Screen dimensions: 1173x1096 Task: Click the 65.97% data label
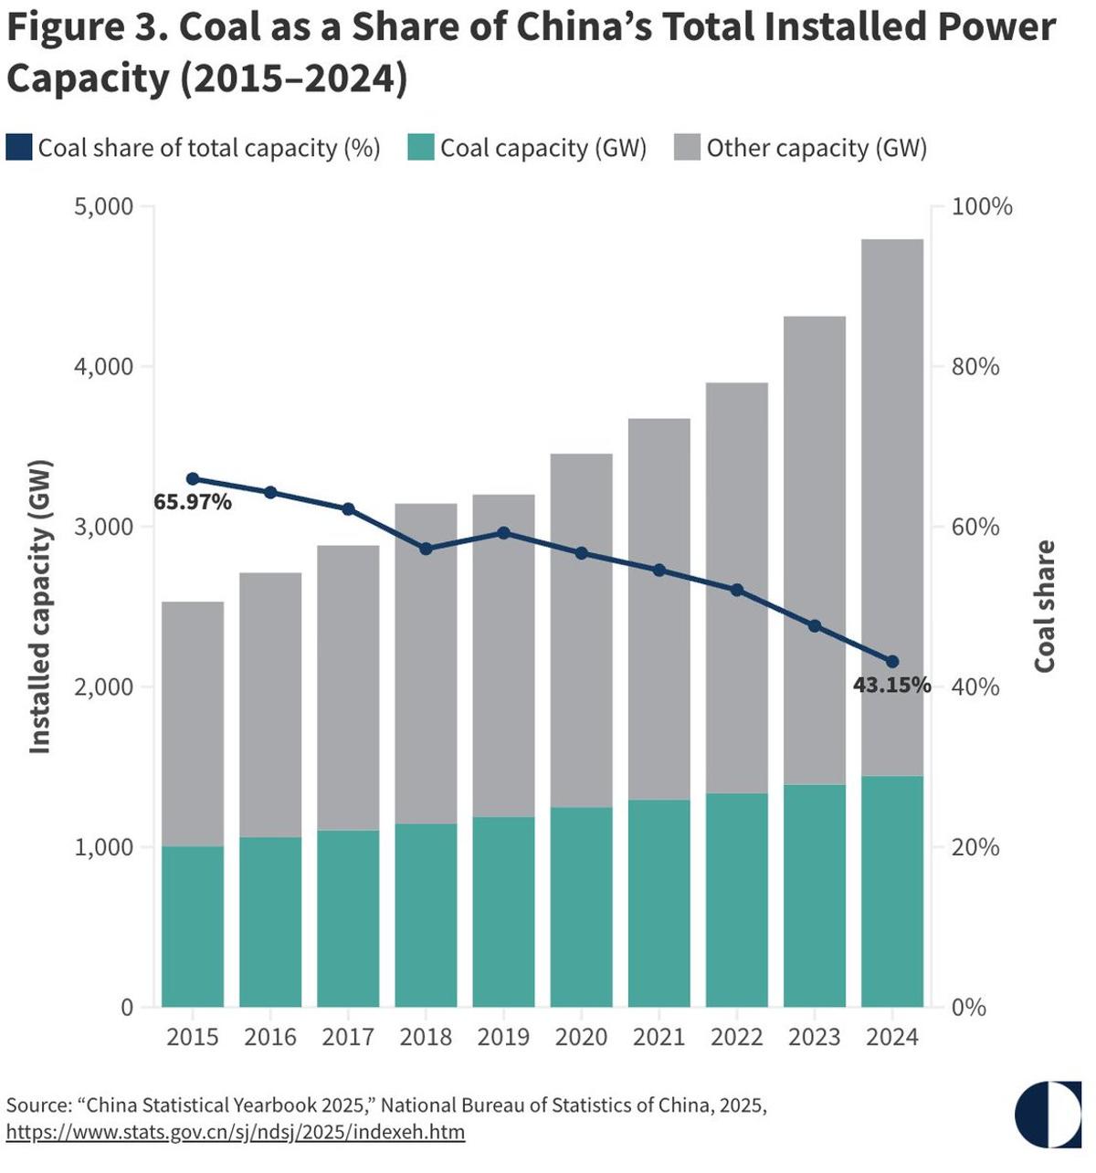[x=193, y=502]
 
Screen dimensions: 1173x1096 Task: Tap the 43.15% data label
[x=891, y=685]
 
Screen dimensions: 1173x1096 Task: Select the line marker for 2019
[x=503, y=533]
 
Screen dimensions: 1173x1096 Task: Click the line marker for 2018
[x=426, y=549]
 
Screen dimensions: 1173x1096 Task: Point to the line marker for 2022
[x=737, y=590]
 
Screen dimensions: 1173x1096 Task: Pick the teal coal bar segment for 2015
[x=193, y=927]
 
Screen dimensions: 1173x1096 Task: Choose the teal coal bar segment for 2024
[x=892, y=891]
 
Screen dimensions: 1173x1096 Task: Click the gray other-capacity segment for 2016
[x=270, y=705]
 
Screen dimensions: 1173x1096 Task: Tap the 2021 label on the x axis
[x=659, y=1038]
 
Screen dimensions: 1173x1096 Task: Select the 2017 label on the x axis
[x=348, y=1038]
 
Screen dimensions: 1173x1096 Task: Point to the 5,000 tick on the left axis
[x=102, y=207]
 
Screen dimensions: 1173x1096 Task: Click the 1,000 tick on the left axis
[x=102, y=848]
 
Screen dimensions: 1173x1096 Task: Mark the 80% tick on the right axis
[x=975, y=367]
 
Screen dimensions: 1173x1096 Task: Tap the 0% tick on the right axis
[x=969, y=1008]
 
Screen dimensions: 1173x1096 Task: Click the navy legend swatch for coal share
[x=19, y=148]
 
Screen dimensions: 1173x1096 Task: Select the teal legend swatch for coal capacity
[x=421, y=148]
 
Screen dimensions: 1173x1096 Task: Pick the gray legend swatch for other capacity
[x=687, y=148]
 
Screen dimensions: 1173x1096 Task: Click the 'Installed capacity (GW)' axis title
[x=39, y=606]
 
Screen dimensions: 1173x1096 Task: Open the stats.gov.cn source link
[x=236, y=1133]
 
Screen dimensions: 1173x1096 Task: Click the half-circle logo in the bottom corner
[x=1048, y=1115]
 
